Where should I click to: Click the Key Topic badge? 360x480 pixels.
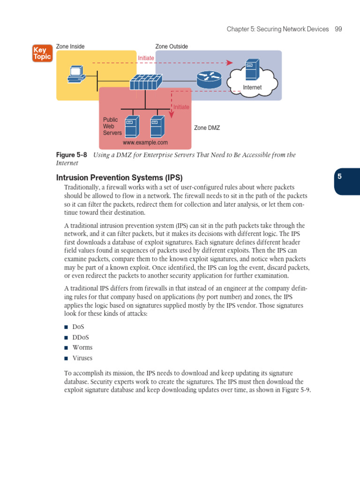42,53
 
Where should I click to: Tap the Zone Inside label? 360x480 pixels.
70,46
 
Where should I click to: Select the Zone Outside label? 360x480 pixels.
172,46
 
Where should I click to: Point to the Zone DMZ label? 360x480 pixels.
207,127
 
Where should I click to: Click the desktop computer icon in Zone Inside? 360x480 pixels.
76,74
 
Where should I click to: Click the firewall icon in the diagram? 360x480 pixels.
146,82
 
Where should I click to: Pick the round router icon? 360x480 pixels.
209,80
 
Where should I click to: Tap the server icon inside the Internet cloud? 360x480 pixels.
252,70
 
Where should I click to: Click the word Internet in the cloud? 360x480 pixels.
252,88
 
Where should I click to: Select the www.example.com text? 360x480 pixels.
145,142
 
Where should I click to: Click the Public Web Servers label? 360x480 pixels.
112,126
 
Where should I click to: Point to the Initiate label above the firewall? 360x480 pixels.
146,58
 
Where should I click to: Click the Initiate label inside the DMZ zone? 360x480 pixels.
181,107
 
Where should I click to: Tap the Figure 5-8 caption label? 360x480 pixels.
72,155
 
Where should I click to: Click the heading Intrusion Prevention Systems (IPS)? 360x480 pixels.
119,178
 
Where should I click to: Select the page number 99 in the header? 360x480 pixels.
338,29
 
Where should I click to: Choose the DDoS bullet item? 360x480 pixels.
81,337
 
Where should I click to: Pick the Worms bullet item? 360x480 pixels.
82,347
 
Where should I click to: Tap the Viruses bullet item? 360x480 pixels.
82,358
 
